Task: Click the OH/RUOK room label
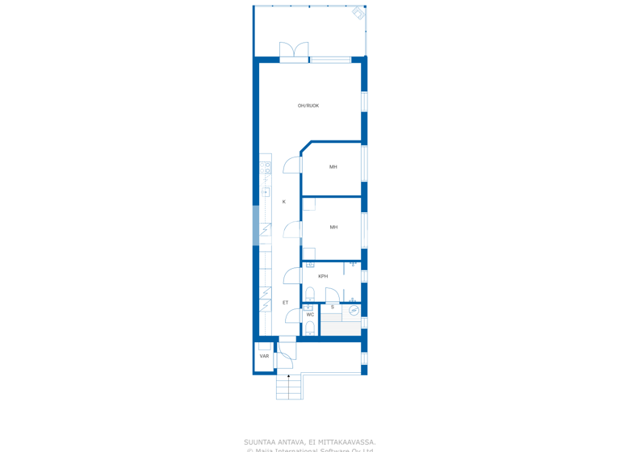click(308, 106)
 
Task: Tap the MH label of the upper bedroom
click(333, 167)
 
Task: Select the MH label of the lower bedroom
click(333, 228)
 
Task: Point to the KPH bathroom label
click(323, 276)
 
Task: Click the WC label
click(310, 315)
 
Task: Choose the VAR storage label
click(264, 356)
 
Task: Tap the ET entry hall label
click(285, 303)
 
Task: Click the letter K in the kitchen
click(284, 202)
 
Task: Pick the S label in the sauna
click(333, 307)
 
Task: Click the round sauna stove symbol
click(354, 311)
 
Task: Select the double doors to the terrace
click(294, 51)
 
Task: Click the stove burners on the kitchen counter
click(266, 168)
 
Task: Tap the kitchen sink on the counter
click(266, 192)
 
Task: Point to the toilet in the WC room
click(310, 328)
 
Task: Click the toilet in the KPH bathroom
click(310, 293)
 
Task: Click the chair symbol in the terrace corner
click(358, 13)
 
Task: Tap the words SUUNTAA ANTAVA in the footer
click(275, 442)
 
